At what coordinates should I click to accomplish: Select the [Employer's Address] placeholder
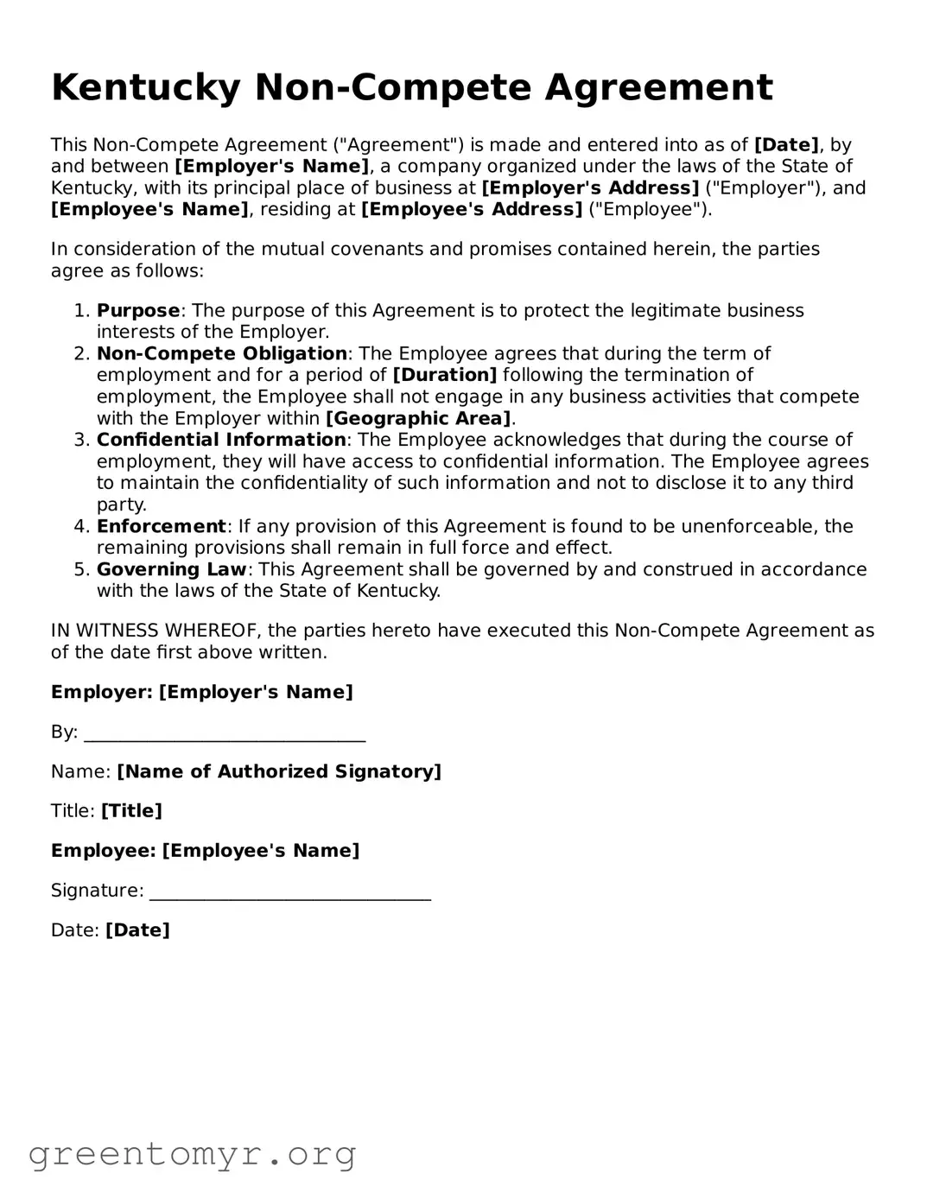click(x=590, y=188)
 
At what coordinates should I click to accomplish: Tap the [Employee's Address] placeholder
click(x=472, y=210)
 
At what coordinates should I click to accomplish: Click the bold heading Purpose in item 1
click(x=138, y=311)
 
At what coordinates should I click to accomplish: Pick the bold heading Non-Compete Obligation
click(x=222, y=354)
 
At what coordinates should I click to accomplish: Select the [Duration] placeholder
click(x=445, y=376)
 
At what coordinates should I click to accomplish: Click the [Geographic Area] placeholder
click(x=418, y=419)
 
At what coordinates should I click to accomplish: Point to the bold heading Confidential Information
click(x=221, y=441)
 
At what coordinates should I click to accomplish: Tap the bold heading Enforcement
click(x=162, y=527)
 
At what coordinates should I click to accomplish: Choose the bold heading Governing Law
click(x=172, y=570)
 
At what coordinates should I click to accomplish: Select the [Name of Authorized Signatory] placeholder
click(x=279, y=772)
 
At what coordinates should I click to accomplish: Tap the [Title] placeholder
click(x=131, y=811)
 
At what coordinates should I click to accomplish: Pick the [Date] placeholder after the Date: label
click(x=137, y=930)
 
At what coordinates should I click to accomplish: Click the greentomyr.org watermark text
click(x=192, y=1154)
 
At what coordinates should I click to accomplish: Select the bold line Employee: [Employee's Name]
click(x=205, y=851)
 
